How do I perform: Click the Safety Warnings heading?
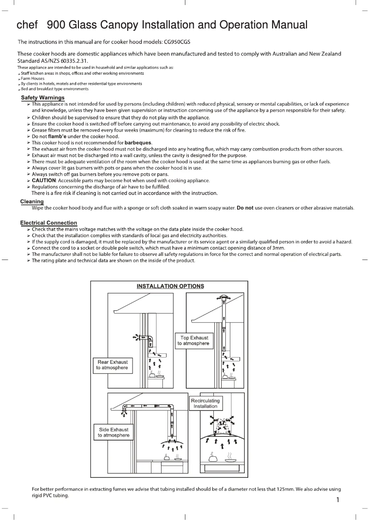click(x=43, y=98)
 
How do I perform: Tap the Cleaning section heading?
click(x=32, y=202)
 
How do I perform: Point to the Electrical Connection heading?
click(x=49, y=223)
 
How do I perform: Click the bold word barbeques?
click(x=138, y=143)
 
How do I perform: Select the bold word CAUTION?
click(x=44, y=181)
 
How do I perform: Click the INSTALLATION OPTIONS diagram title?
click(x=170, y=287)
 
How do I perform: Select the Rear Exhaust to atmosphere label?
click(x=112, y=365)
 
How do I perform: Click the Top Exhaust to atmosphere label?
click(x=194, y=340)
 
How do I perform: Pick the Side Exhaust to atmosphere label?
click(x=113, y=432)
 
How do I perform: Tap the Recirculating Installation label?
click(x=205, y=404)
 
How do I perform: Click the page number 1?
click(x=337, y=500)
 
